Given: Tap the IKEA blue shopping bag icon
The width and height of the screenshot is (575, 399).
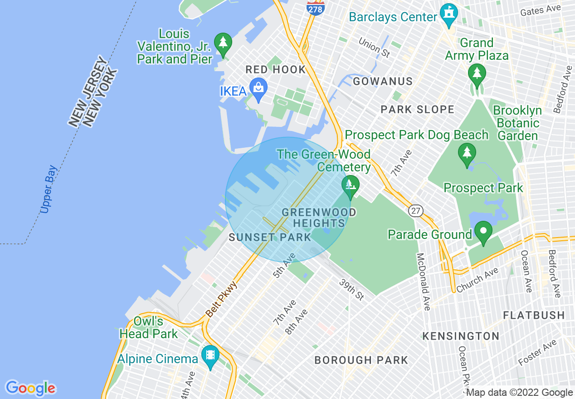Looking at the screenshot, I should tap(258, 91).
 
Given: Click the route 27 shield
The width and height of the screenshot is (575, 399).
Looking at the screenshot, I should tap(415, 210).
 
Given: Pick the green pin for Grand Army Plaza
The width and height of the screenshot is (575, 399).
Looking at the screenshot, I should tap(477, 75).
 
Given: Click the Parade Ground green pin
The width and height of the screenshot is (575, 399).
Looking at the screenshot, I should tap(483, 233).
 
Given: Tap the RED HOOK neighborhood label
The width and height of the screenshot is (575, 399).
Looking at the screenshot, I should tap(276, 69).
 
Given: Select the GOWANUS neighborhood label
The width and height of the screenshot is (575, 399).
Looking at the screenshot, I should tap(383, 82).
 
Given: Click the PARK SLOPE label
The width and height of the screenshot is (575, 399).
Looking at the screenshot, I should tap(417, 109).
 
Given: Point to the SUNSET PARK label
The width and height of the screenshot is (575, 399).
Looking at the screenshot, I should tap(270, 237).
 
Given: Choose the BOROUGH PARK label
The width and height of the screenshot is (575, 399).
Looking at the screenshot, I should tap(361, 360).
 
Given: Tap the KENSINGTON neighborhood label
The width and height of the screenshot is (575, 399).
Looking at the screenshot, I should tap(461, 336).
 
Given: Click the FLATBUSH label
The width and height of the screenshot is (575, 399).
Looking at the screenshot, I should tap(534, 315).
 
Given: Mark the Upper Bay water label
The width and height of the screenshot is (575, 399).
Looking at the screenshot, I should tap(49, 189).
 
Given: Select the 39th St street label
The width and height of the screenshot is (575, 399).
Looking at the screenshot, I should tap(352, 289).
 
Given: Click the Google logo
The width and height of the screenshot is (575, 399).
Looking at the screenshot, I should tap(31, 388).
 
